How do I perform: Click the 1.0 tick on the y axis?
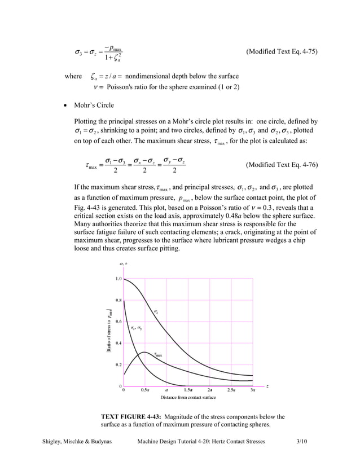coord(118,279)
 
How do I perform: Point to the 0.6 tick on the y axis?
coord(118,322)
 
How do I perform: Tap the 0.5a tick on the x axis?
coord(145,389)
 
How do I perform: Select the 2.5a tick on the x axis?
coord(231,389)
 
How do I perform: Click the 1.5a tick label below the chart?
coord(188,389)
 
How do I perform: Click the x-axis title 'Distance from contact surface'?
coord(188,398)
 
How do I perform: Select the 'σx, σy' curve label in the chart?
coord(136,328)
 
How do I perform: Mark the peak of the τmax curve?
coord(144,353)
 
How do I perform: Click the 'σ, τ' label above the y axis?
coord(123,264)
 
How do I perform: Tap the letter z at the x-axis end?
coord(267,386)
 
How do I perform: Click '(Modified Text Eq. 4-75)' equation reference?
coord(282,52)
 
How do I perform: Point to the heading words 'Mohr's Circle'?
coord(94,105)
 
